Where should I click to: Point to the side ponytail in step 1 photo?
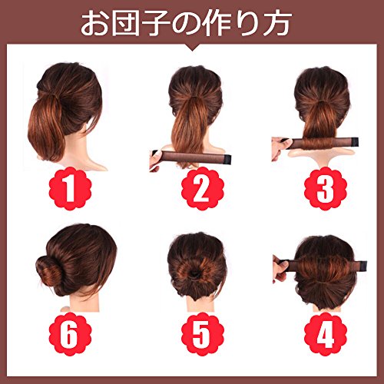point(48,127)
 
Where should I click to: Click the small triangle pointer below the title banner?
point(192,48)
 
